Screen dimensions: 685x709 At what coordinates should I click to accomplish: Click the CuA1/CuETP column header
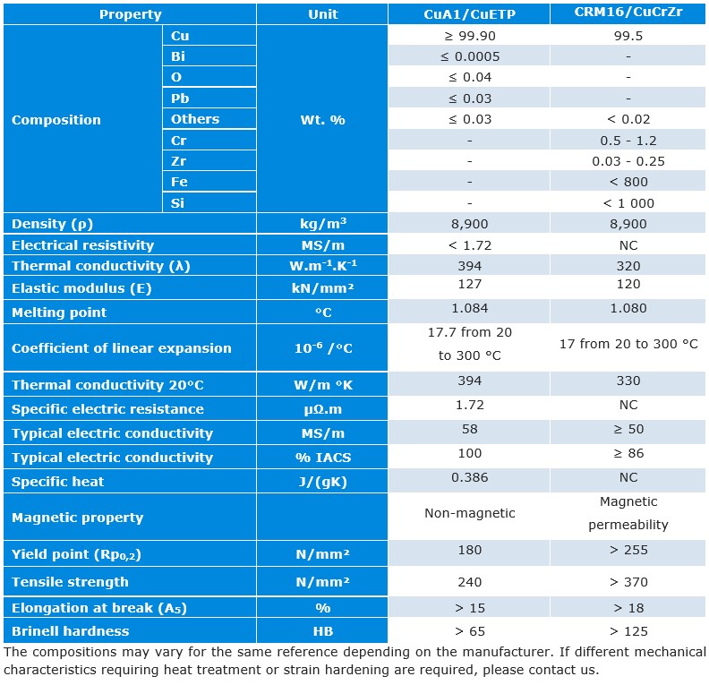(469, 14)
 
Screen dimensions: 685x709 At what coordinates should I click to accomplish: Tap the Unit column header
(322, 14)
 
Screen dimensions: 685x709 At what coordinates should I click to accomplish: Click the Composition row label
(56, 120)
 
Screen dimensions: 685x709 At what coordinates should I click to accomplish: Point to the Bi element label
(178, 56)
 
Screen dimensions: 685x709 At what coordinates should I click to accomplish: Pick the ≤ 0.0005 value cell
(469, 56)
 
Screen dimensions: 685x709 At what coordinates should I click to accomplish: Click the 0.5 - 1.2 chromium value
(628, 141)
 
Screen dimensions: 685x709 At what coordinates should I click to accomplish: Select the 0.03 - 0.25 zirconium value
(628, 161)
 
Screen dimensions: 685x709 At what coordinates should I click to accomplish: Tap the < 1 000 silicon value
(628, 203)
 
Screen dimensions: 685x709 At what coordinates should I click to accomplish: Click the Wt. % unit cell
(322, 120)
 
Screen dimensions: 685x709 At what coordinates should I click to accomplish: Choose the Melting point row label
(59, 313)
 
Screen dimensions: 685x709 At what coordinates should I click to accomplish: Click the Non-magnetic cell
(469, 514)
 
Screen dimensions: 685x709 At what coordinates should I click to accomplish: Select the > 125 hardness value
(628, 631)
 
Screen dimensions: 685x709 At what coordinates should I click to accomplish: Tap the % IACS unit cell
(322, 458)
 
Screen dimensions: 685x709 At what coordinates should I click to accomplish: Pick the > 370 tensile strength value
(628, 582)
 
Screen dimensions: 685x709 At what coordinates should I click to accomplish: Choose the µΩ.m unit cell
(322, 409)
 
